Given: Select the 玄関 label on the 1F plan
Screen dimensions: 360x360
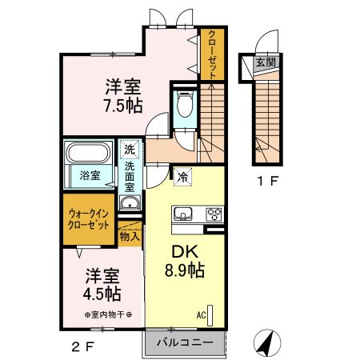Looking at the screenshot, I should [x=264, y=62].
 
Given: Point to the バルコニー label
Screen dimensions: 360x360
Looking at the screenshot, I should [x=185, y=342].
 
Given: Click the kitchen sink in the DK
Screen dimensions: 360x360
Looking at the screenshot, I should [x=182, y=214].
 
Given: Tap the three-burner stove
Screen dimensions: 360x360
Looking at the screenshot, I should [x=215, y=214].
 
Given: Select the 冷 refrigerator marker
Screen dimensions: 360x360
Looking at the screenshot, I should [x=183, y=178].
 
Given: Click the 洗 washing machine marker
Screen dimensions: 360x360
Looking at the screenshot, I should [x=129, y=149].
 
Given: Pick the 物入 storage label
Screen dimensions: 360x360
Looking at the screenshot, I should [x=129, y=236].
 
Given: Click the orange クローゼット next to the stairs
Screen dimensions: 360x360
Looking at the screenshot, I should [x=212, y=54].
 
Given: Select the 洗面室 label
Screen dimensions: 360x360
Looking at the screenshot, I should [x=130, y=177].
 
